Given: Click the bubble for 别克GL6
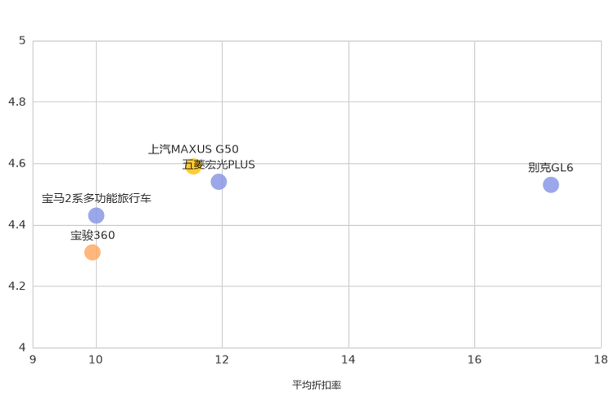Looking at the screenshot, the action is [x=551, y=184].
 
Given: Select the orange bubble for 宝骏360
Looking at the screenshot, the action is [x=92, y=253].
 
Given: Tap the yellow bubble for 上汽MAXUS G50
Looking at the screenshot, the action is [x=193, y=166].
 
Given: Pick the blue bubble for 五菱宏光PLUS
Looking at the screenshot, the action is [x=219, y=182].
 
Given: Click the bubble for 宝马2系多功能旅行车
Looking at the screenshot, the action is [x=96, y=215].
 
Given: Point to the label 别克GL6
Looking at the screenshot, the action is [x=551, y=168].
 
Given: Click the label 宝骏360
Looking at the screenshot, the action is [x=92, y=235].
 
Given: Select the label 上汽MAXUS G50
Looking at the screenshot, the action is [x=193, y=149].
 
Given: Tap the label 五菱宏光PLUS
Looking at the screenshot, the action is [x=219, y=165].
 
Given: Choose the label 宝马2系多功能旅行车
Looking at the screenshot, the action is [x=97, y=199].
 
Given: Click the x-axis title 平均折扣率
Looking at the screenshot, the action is [x=317, y=385].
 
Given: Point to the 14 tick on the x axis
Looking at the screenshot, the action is [x=349, y=359].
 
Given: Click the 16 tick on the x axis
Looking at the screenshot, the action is [x=474, y=359].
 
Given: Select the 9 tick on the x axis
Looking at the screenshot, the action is [x=33, y=359].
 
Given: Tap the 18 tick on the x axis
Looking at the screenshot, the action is [x=601, y=359].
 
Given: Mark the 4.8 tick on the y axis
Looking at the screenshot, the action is [x=17, y=101].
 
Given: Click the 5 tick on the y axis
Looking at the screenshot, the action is [x=22, y=40].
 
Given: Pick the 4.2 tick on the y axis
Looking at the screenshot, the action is [x=17, y=286].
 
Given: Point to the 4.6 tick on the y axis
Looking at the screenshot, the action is [x=17, y=163].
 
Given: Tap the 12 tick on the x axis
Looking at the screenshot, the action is [x=222, y=359].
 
